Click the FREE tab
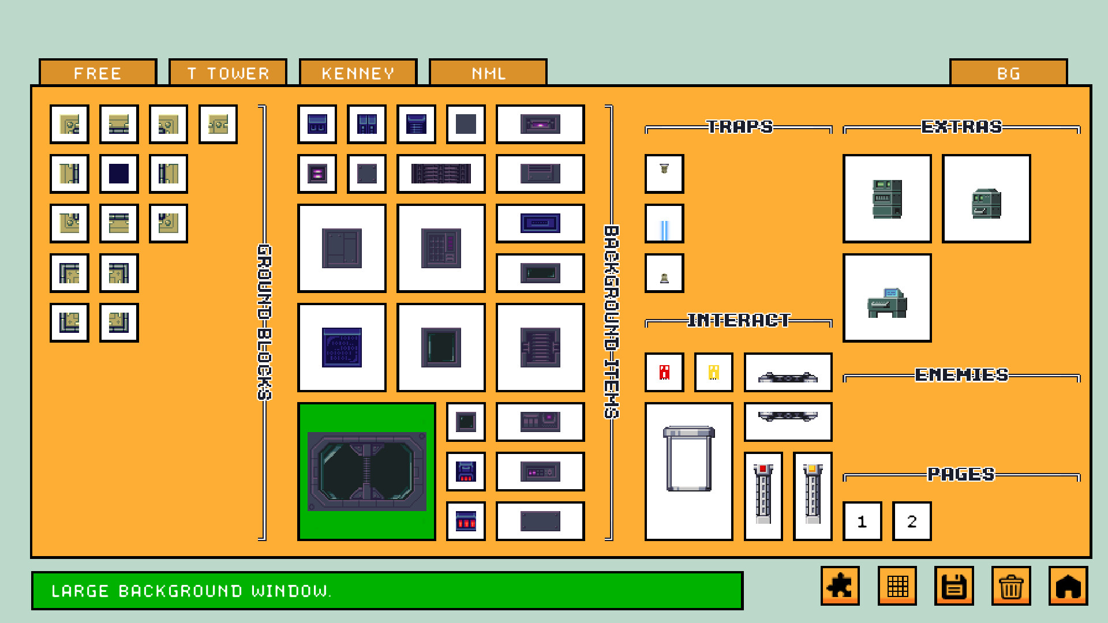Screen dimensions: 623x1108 [x=98, y=73]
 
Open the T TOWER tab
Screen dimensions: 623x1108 [x=228, y=73]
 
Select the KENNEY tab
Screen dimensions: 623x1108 [x=358, y=73]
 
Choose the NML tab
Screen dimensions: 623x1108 [x=488, y=73]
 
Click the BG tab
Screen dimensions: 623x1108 [x=1008, y=73]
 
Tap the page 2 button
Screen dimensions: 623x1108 [x=912, y=521]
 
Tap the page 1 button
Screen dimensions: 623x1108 [x=862, y=521]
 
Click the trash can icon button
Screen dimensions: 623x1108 [x=1011, y=586]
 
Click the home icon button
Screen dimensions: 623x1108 [x=1068, y=586]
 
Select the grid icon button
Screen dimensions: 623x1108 [x=897, y=586]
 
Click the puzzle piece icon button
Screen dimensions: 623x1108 [x=840, y=586]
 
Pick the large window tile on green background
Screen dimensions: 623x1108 [x=366, y=471]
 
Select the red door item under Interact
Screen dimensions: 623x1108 [x=664, y=372]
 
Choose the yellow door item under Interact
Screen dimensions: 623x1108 [x=714, y=372]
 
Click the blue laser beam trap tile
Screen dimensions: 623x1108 [x=664, y=224]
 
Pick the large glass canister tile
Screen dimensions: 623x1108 [x=689, y=471]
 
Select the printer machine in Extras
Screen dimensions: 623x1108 [x=887, y=298]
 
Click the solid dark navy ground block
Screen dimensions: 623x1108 [x=119, y=174]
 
